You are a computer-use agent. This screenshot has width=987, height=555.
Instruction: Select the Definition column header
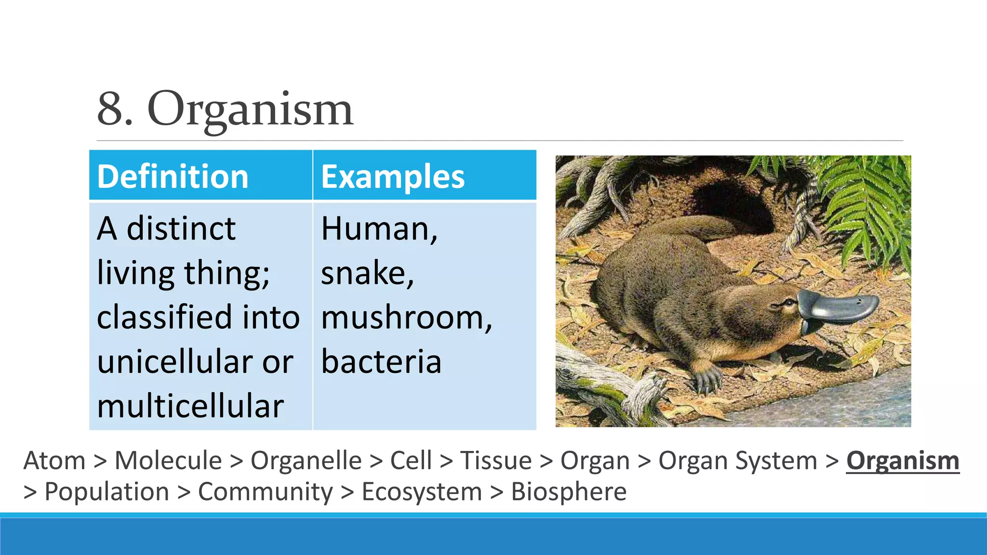pyautogui.click(x=173, y=176)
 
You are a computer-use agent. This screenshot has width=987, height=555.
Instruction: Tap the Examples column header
pyautogui.click(x=393, y=176)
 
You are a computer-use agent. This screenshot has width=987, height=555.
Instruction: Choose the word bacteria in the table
pyautogui.click(x=381, y=362)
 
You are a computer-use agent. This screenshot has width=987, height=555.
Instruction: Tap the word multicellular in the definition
pyautogui.click(x=190, y=406)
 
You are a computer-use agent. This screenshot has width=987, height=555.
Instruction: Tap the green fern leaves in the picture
pyautogui.click(x=867, y=202)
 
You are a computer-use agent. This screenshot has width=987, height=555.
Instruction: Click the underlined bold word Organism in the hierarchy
pyautogui.click(x=903, y=461)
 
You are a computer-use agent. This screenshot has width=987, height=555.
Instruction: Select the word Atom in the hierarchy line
pyautogui.click(x=54, y=461)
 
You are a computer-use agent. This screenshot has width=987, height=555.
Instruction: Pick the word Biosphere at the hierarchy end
pyautogui.click(x=569, y=492)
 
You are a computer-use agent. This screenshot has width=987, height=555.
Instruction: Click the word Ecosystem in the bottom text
pyautogui.click(x=422, y=492)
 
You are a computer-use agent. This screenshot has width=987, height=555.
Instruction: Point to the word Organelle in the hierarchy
pyautogui.click(x=306, y=461)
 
